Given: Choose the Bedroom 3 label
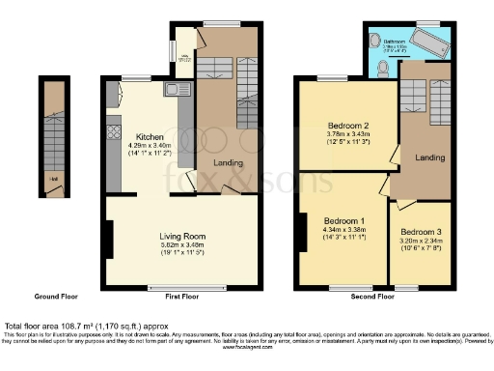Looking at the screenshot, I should click(x=422, y=233).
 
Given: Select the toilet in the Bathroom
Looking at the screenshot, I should click(x=384, y=67).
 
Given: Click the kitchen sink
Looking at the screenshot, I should click(x=172, y=91).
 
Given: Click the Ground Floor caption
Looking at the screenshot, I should click(x=56, y=298).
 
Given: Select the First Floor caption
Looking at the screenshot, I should click(x=181, y=298).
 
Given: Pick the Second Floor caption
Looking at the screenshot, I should click(x=372, y=298).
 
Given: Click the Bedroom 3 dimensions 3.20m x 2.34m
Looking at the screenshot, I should click(x=422, y=243).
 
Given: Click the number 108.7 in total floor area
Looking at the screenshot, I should click(x=80, y=327).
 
